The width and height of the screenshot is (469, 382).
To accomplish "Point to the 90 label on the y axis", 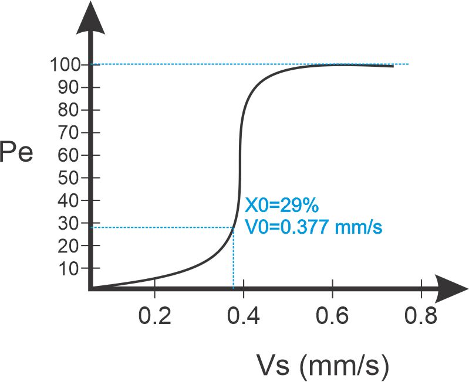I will pyautogui.click(x=69, y=87).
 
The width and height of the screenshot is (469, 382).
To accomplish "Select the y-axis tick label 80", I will pyautogui.click(x=69, y=110).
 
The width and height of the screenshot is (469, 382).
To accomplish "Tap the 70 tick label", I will pyautogui.click(x=69, y=133).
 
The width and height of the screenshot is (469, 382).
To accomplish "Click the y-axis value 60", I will pyautogui.click(x=69, y=156).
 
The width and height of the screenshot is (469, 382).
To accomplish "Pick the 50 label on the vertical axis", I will pyautogui.click(x=69, y=178).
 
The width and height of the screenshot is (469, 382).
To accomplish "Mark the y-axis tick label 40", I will pyautogui.click(x=69, y=201).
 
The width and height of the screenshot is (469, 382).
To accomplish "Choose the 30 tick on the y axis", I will pyautogui.click(x=69, y=223).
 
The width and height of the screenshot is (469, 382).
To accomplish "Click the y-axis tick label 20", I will pyautogui.click(x=69, y=246).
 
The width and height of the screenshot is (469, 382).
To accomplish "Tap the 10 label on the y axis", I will pyautogui.click(x=69, y=268).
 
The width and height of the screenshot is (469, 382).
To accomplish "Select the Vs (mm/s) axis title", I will pyautogui.click(x=322, y=366).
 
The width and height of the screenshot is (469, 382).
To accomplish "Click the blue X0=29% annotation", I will pyautogui.click(x=281, y=206).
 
